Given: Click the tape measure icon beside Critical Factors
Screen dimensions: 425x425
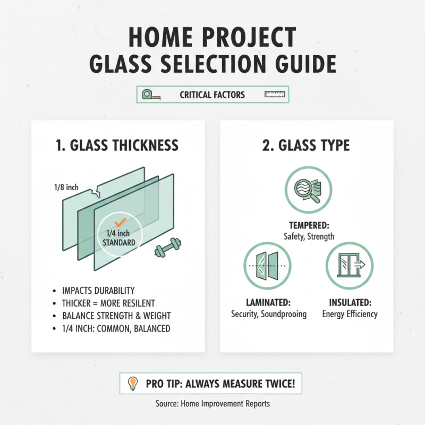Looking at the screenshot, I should coord(149,95).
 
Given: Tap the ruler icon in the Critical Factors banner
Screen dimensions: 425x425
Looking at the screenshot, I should coord(275,95).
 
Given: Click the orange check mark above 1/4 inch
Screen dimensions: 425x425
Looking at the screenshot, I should coord(120,222).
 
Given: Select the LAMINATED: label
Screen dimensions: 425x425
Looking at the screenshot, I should coord(269,302).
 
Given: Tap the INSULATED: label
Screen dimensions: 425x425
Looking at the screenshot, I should coord(350,302).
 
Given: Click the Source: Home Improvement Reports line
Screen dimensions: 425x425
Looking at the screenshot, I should coord(212,404).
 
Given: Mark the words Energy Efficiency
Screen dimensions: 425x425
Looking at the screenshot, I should coord(350,314).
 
